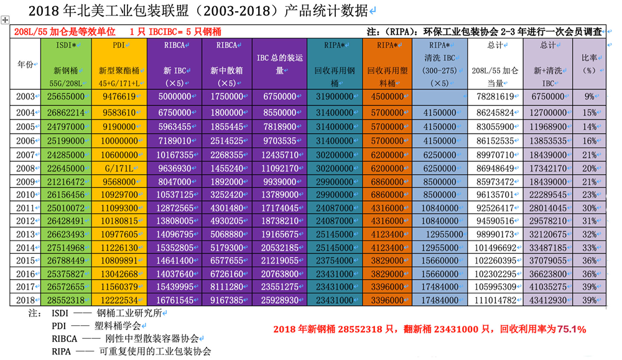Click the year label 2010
point(26,195)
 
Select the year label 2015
point(26,259)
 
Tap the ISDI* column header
point(65,45)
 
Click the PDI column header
point(119,45)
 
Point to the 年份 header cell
point(26,64)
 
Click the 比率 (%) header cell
point(588,64)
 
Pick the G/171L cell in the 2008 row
point(119,168)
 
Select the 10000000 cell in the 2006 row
point(118,141)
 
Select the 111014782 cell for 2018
point(494,300)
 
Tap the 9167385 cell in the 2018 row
point(226,300)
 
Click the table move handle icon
point(6,21)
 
